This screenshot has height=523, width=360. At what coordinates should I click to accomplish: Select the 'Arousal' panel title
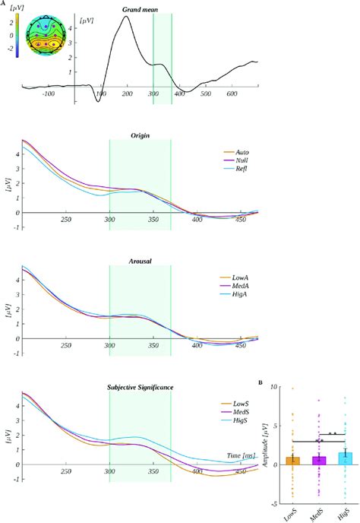pyautogui.click(x=140, y=261)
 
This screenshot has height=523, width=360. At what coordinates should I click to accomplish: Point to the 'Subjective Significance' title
pyautogui.click(x=141, y=387)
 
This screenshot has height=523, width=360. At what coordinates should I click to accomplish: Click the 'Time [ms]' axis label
pyautogui.click(x=242, y=455)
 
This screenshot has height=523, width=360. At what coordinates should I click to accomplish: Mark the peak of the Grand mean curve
pyautogui.click(x=147, y=17)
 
